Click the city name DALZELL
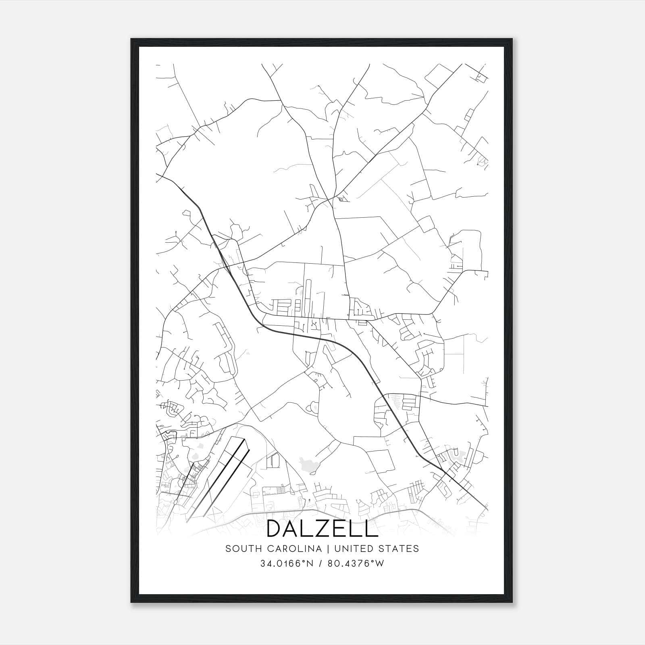click(x=322, y=528)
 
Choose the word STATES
click(x=402, y=549)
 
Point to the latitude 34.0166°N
click(x=287, y=564)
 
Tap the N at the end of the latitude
click(x=310, y=564)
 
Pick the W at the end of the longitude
click(x=380, y=564)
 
